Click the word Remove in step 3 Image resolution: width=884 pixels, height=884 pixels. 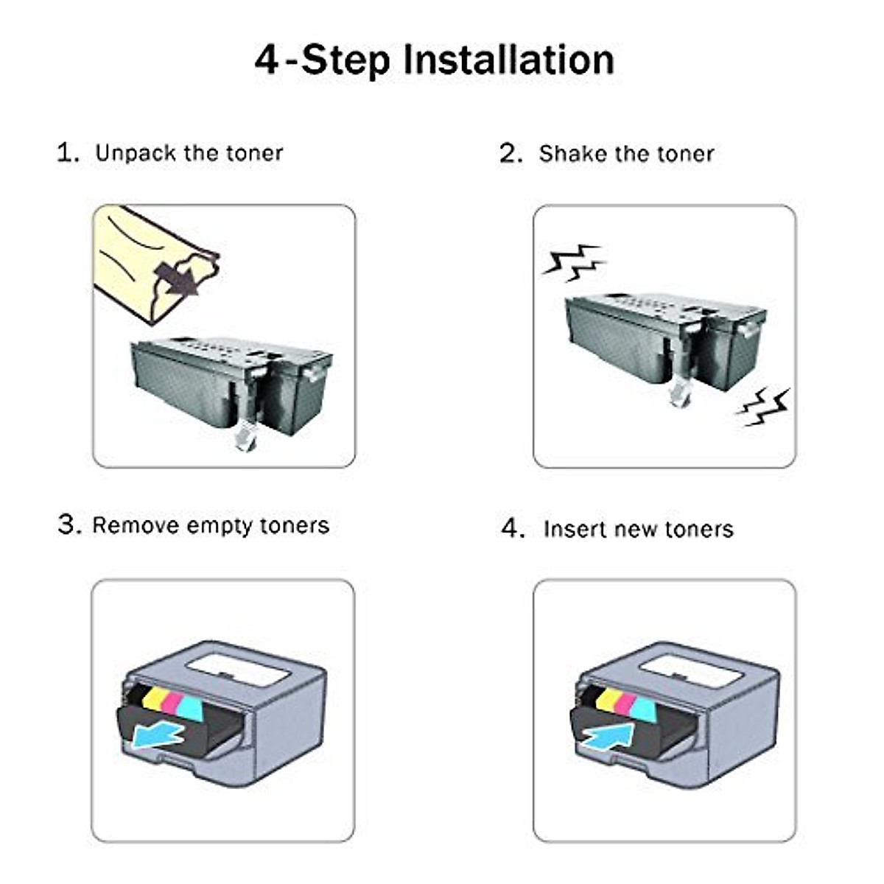tap(136, 525)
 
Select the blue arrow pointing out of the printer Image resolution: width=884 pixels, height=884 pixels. tap(156, 736)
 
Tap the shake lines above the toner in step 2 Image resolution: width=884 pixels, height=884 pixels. tap(575, 262)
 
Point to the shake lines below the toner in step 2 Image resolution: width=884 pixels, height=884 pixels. tap(763, 407)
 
